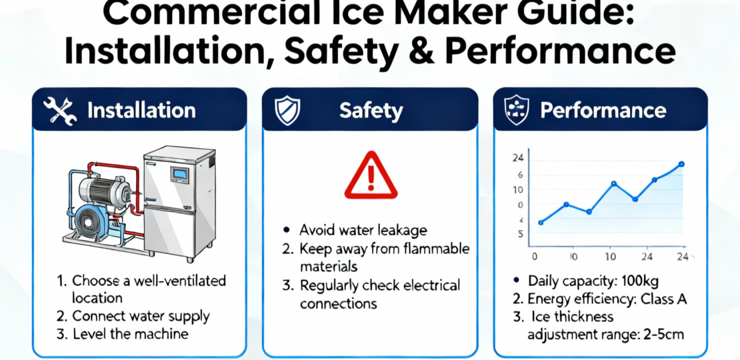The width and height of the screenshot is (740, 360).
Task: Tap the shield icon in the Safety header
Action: [287, 111]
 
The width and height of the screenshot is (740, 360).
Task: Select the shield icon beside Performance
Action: [517, 111]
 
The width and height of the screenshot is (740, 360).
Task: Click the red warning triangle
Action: [371, 175]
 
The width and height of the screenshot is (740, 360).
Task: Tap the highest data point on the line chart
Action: [681, 164]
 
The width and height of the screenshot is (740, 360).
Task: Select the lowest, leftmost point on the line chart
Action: [541, 223]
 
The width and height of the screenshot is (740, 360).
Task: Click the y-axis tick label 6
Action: [521, 175]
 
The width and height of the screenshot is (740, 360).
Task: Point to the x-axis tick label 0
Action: [535, 257]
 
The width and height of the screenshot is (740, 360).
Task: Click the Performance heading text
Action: [603, 111]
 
